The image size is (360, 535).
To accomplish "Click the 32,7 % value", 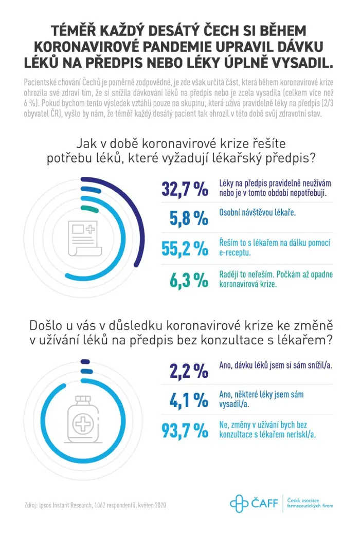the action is [x=185, y=189].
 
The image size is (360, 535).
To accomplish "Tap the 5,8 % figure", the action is [x=189, y=218].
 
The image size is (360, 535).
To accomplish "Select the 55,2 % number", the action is [x=185, y=248].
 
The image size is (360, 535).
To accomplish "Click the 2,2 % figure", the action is [x=189, y=371].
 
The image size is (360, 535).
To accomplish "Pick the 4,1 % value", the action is [x=189, y=400].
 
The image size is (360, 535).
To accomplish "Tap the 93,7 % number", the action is [x=185, y=431].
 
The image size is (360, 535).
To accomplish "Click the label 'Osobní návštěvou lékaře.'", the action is [x=258, y=213].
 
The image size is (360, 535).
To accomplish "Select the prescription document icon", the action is [x=85, y=238].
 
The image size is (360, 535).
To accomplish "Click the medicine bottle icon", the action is [x=83, y=419].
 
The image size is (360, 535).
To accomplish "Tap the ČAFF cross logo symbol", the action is [x=239, y=504].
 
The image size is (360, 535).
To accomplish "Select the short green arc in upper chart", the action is [x=89, y=209].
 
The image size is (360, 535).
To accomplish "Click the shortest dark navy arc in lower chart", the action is [x=85, y=362].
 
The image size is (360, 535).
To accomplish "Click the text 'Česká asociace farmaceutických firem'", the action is [x=310, y=503].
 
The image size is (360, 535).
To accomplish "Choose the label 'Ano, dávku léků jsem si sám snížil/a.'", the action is [x=276, y=365].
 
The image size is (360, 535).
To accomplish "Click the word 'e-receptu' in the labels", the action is [x=235, y=253].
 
